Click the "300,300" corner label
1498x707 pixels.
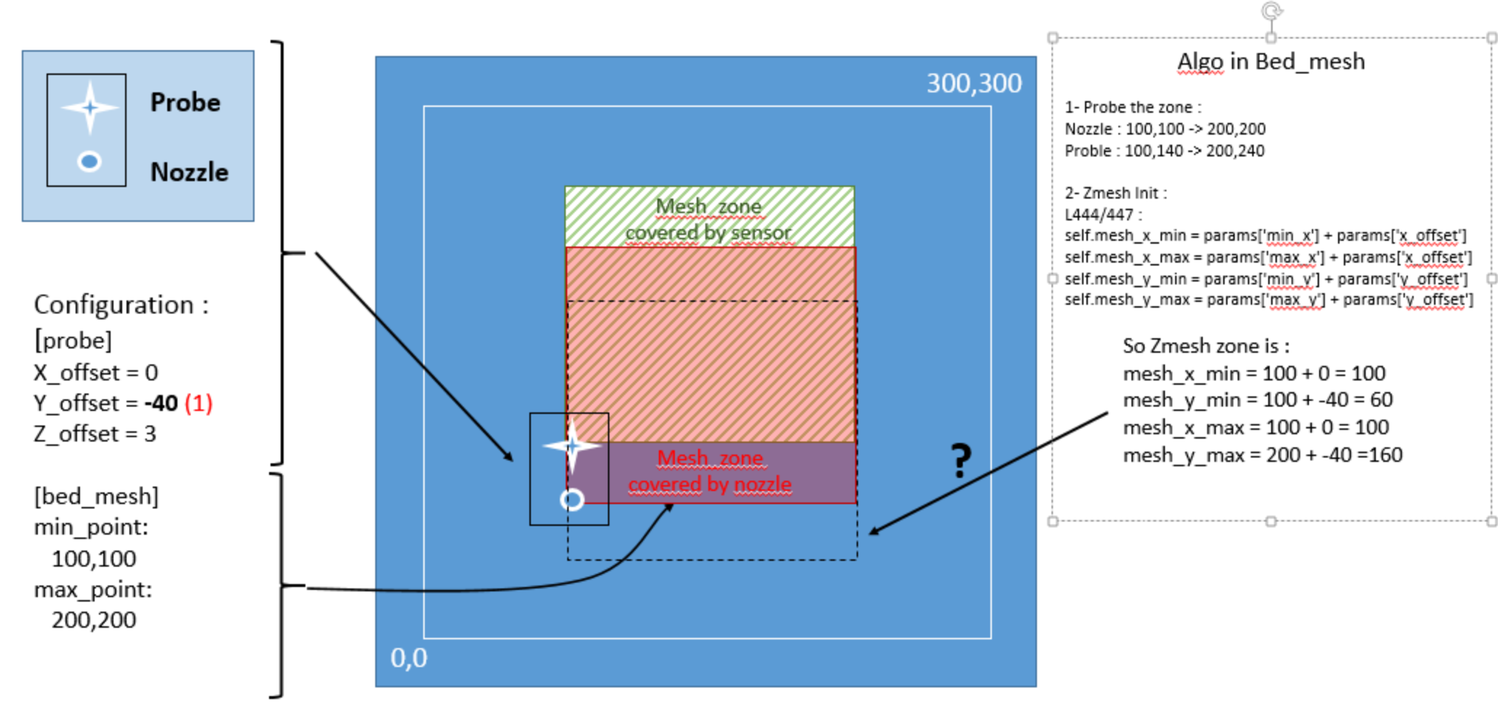[x=974, y=84]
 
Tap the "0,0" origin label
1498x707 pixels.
[x=409, y=658]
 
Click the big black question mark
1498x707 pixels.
[x=961, y=460]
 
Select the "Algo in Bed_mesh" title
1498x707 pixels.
[x=1270, y=62]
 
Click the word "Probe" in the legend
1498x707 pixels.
[x=185, y=103]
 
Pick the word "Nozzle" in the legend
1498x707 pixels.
[x=189, y=172]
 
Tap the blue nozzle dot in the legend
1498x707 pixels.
[x=89, y=161]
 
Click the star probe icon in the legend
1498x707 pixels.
[x=89, y=108]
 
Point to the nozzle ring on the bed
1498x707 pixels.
[x=572, y=500]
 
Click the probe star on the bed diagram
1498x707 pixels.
[x=572, y=445]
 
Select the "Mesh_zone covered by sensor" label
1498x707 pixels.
[x=708, y=220]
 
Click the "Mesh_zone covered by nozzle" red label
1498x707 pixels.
[x=710, y=471]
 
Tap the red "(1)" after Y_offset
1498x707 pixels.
[x=199, y=403]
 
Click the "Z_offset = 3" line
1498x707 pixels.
[x=95, y=434]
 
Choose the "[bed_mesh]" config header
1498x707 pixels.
[x=96, y=496]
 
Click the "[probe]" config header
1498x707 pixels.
[x=73, y=340]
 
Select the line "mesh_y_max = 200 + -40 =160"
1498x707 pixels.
[x=1262, y=455]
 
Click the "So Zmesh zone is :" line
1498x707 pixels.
[x=1206, y=345]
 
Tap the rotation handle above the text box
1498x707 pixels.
[x=1271, y=11]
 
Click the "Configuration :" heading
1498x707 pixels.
[x=121, y=305]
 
